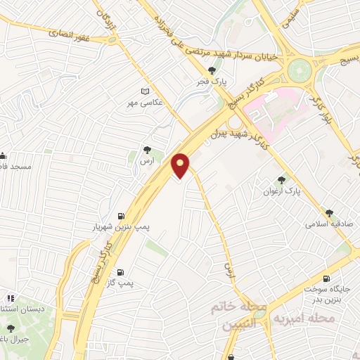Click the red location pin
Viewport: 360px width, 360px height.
click(x=181, y=165)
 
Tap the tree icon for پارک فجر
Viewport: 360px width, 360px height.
click(x=212, y=70)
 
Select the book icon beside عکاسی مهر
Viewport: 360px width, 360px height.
click(x=146, y=91)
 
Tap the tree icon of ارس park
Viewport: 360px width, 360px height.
click(x=146, y=150)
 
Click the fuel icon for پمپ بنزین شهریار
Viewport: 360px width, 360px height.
click(x=122, y=216)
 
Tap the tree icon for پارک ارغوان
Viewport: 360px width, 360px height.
click(x=283, y=180)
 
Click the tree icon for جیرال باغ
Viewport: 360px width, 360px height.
click(x=10, y=328)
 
